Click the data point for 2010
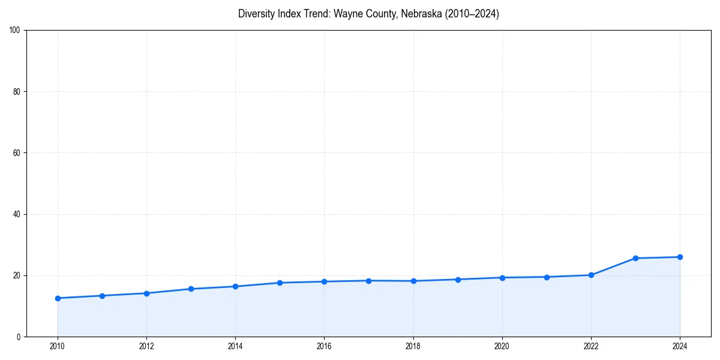pos(58,298)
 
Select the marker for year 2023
pos(635,258)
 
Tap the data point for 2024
pos(680,257)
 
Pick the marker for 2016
pos(324,281)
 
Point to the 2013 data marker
pos(191,289)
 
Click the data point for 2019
pos(458,280)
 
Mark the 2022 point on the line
pos(591,275)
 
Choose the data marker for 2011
pos(102,296)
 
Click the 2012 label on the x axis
pos(146,346)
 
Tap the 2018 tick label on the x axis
pos(413,346)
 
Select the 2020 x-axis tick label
pos(502,346)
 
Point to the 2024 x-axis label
pos(680,346)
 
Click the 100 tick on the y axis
pos(16,31)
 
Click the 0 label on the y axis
pos(19,337)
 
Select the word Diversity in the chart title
pos(256,14)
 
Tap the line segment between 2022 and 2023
pos(613,266)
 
